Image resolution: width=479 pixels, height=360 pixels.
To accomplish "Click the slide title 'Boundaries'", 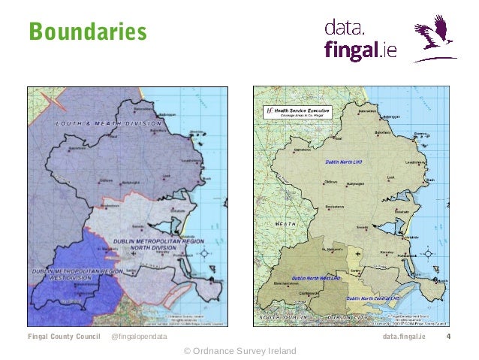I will (x=86, y=32).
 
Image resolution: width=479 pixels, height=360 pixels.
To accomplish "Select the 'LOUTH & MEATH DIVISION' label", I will (x=107, y=123).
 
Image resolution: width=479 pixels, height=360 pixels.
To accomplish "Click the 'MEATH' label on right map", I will (x=286, y=223).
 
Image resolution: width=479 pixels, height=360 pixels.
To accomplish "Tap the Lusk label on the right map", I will (x=390, y=177).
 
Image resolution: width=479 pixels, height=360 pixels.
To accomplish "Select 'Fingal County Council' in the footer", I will (x=64, y=337).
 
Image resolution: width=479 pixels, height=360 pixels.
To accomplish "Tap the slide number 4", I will (x=447, y=337).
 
